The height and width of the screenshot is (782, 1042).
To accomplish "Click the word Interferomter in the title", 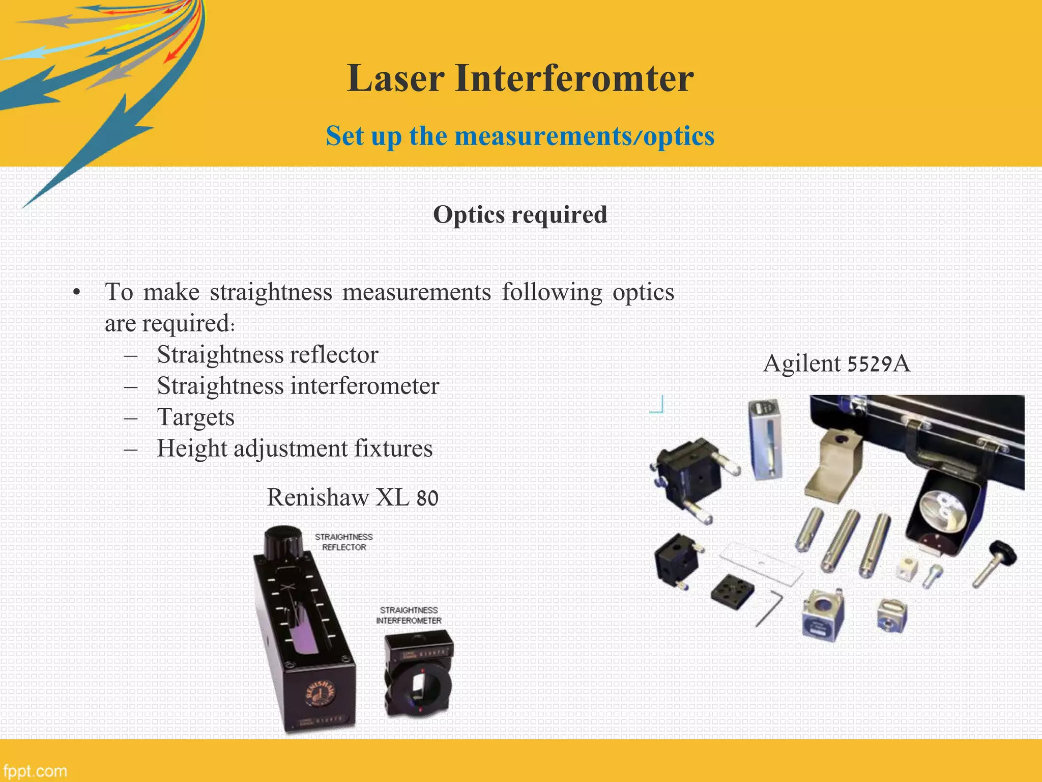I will pos(574,79).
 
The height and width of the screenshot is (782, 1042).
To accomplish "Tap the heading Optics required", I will pos(519,214).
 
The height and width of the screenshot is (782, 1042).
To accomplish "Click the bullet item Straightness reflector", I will pos(268,355).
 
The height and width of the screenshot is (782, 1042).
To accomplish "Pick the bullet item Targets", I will pos(196,417).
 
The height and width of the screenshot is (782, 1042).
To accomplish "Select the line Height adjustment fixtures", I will pos(295,449).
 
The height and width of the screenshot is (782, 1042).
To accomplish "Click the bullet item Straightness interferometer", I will pos(298,386).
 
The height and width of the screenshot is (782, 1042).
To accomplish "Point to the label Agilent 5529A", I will pos(836,364).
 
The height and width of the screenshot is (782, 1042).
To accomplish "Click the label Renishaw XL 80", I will pos(352,497).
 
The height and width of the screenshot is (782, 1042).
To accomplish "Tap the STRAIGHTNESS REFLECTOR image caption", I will pos(344,542).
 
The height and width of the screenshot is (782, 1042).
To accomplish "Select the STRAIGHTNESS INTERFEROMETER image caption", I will pos(409,616).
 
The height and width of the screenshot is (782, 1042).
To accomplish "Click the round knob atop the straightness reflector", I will pos(284,543).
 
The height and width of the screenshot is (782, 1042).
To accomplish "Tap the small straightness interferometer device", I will pos(418,675).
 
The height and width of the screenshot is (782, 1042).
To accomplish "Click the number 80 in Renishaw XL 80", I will pos(427,498).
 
